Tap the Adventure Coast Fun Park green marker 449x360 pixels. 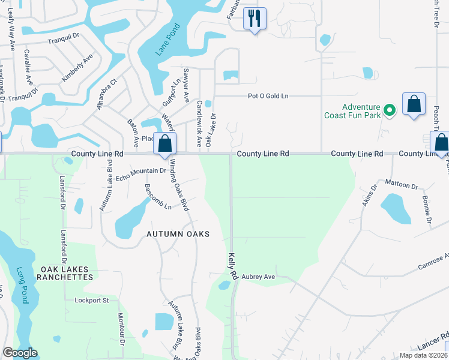coord(389,110)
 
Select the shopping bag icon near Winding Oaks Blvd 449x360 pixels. coord(164,144)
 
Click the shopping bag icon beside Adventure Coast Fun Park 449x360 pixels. coord(414,104)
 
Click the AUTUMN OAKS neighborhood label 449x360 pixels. coord(178,234)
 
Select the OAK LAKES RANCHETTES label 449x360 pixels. coord(66,274)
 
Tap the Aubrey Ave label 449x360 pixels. coord(258,277)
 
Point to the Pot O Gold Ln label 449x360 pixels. coord(268,96)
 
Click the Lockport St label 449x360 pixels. coord(91,299)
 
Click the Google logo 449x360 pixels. coord(20,353)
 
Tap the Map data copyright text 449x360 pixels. coord(423,355)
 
